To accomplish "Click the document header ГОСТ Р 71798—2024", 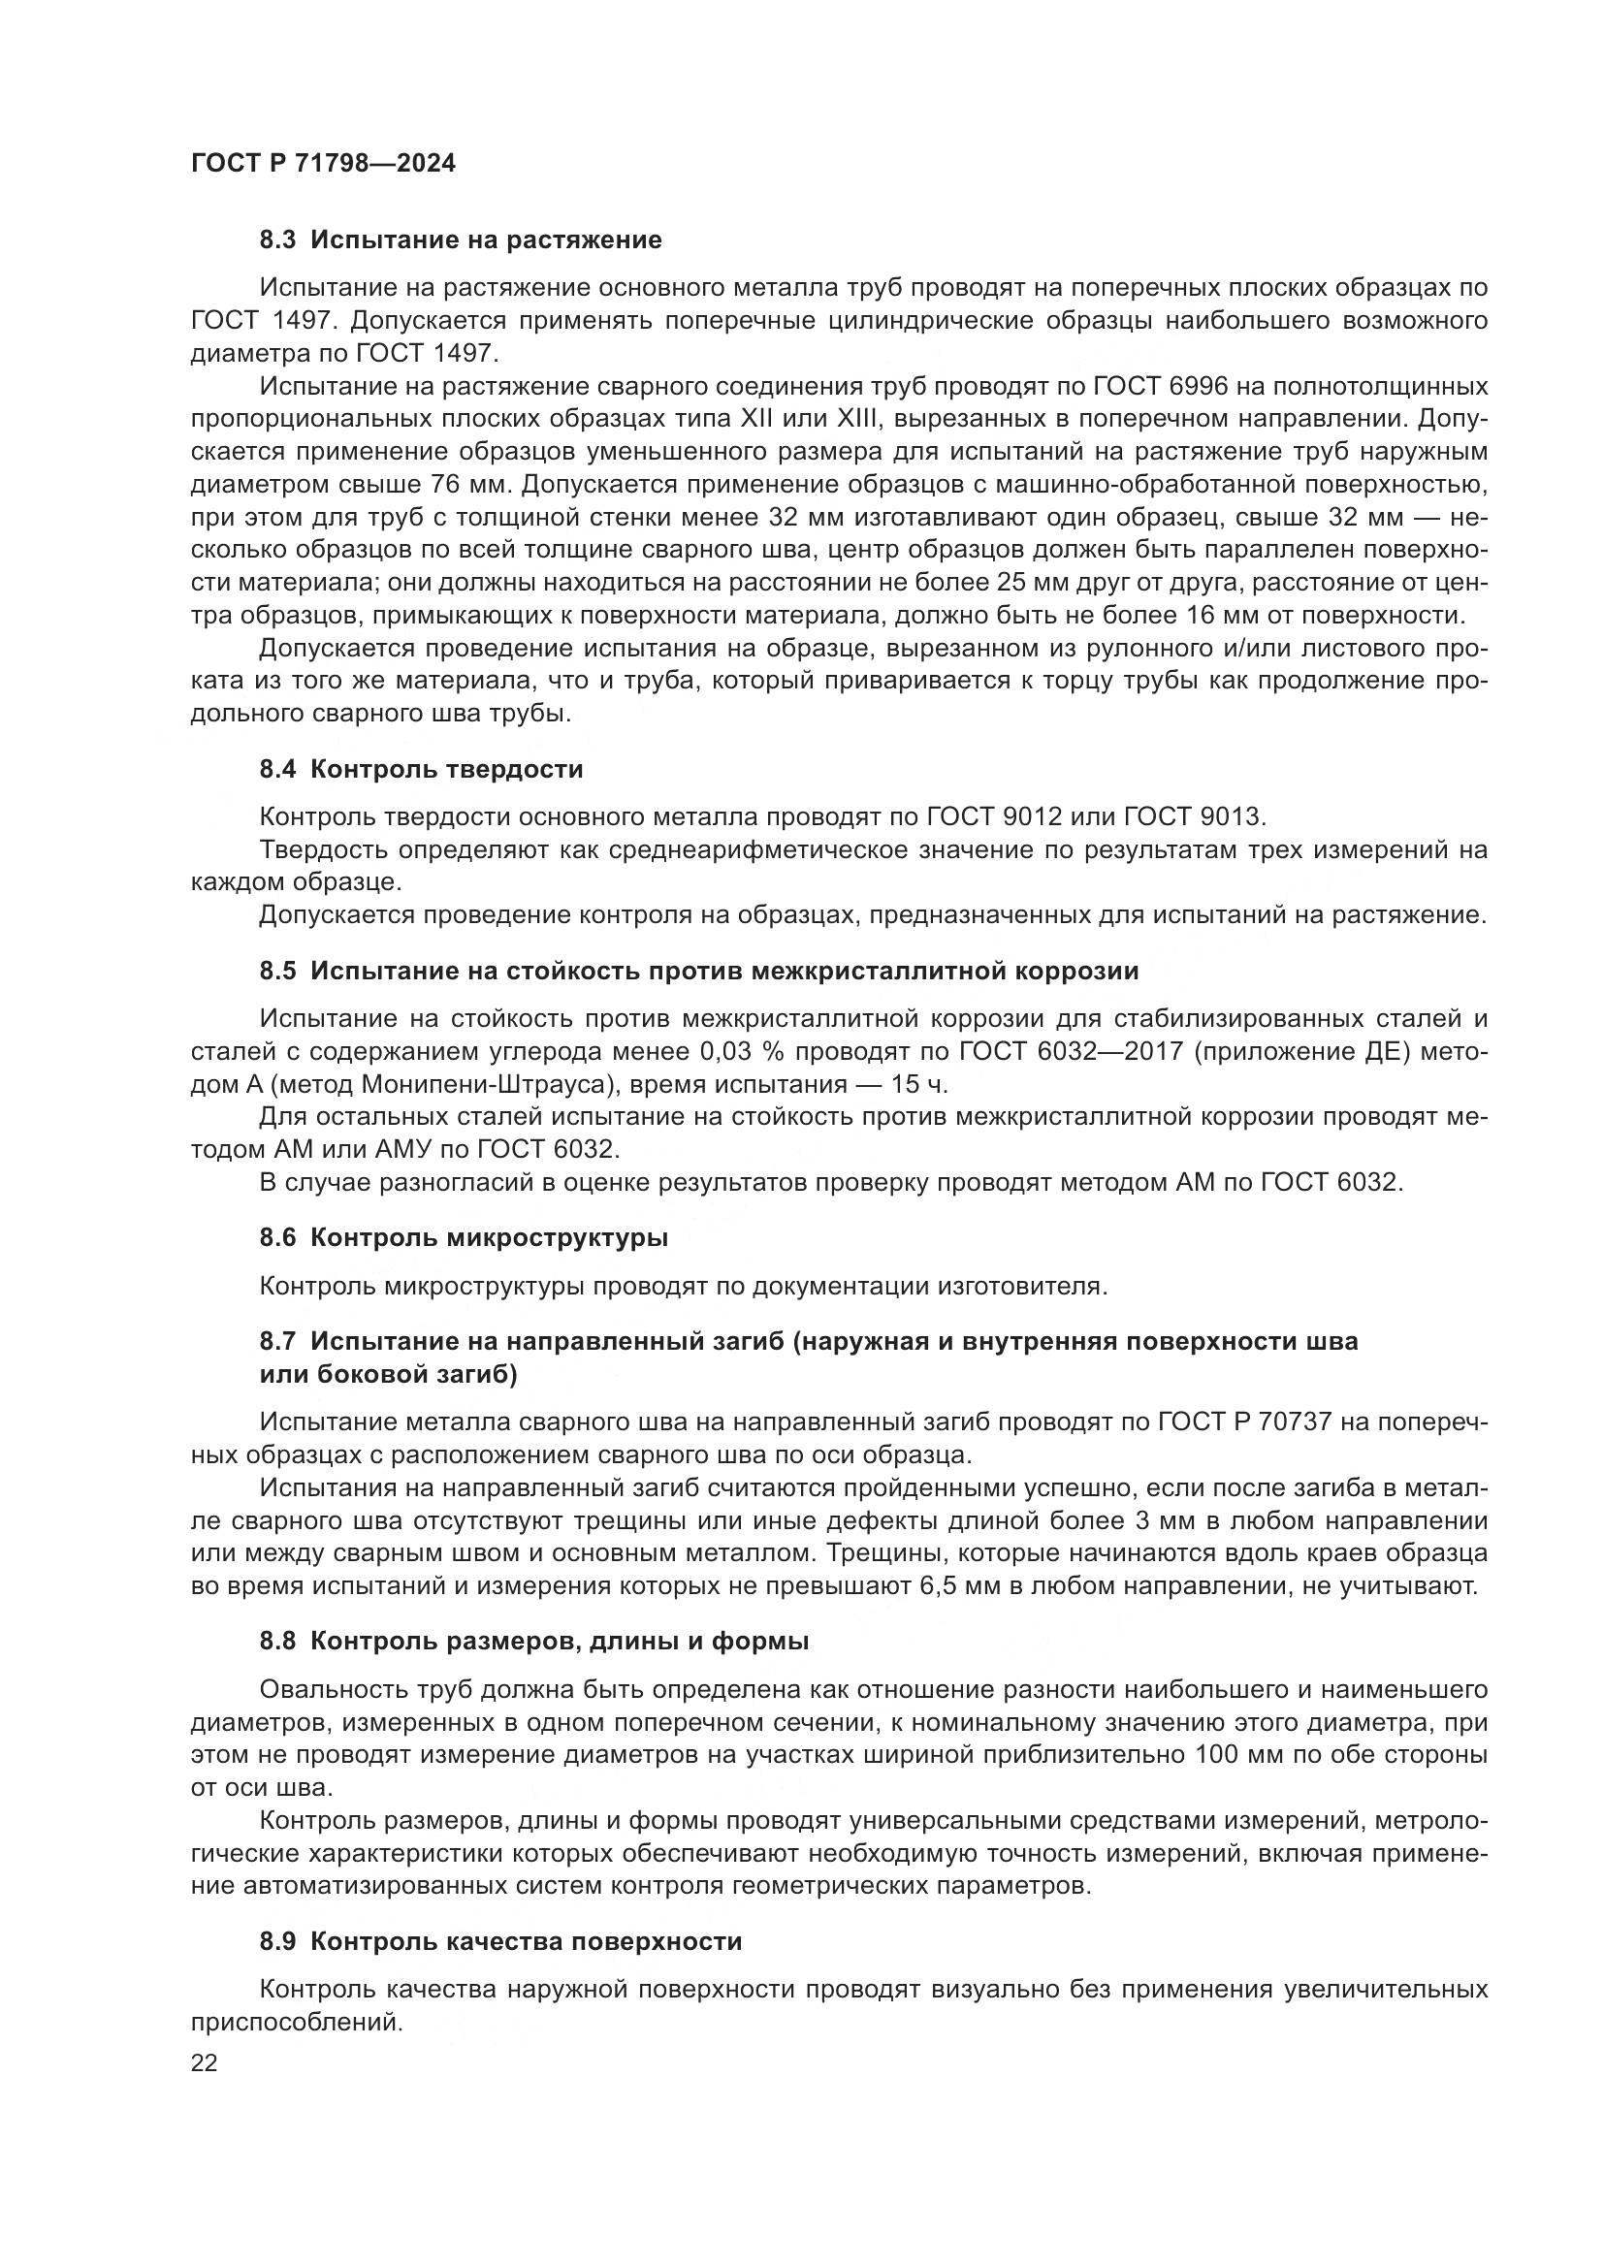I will pos(323,164).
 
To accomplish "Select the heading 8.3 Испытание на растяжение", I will pos(461,240).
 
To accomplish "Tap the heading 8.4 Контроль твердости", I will pos(421,770).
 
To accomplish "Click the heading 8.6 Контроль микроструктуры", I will pos(464,1237).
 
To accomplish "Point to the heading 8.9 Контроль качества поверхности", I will pos(500,1941).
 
